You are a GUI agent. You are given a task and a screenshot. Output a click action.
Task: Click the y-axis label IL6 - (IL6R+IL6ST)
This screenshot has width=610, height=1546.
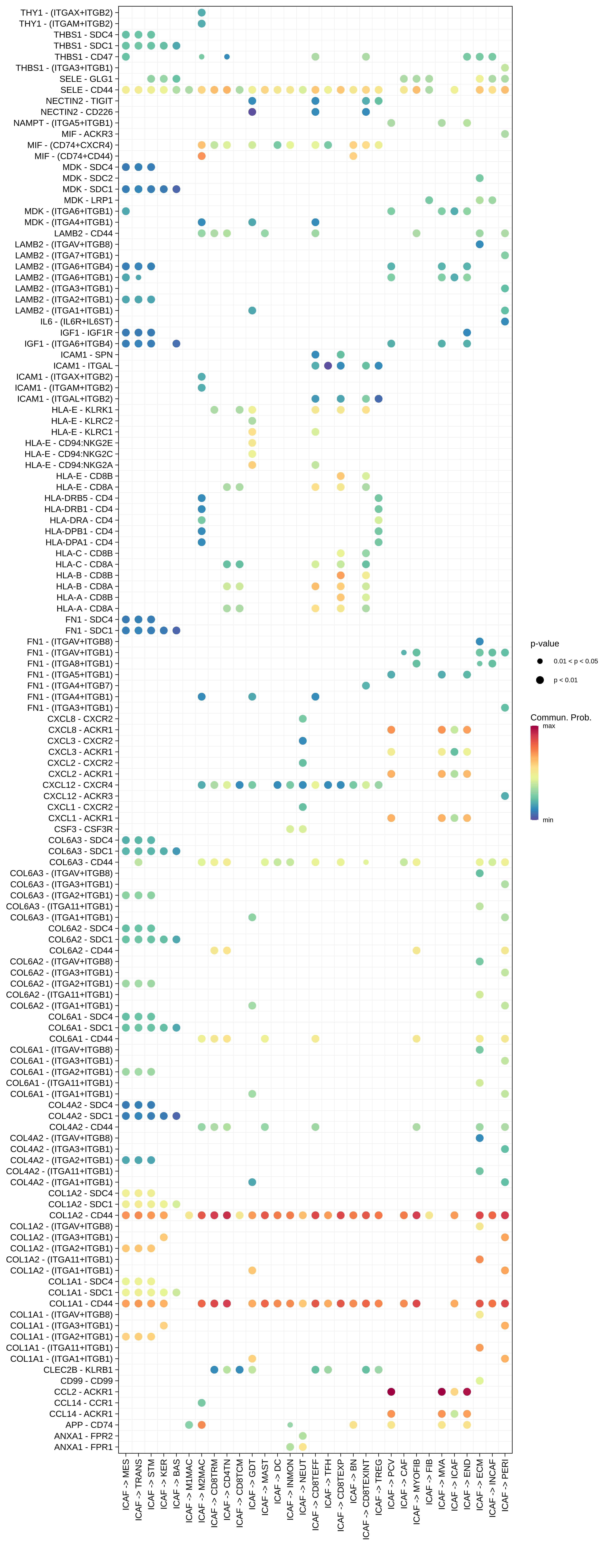pyautogui.click(x=76, y=322)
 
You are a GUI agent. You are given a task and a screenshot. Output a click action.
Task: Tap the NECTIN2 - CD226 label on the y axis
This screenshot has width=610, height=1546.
pyautogui.click(x=76, y=112)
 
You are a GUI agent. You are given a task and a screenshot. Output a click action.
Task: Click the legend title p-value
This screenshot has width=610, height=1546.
pyautogui.click(x=545, y=643)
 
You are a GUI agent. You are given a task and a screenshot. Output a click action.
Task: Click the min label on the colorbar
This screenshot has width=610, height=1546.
pyautogui.click(x=548, y=820)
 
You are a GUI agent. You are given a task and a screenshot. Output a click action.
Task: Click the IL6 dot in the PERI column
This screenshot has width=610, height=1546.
pyautogui.click(x=505, y=322)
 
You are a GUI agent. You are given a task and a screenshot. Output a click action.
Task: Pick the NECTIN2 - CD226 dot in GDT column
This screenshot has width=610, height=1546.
pyautogui.click(x=252, y=112)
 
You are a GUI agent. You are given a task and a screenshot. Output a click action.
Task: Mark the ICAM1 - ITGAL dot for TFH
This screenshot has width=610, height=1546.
pyautogui.click(x=328, y=366)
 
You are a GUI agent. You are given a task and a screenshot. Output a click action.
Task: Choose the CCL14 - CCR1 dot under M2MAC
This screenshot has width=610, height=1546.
pyautogui.click(x=202, y=1402)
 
